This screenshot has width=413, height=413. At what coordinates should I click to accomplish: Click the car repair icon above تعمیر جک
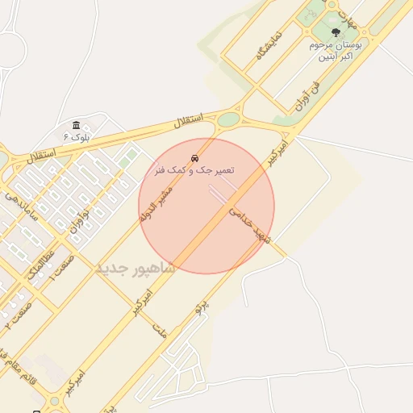(x=194, y=157)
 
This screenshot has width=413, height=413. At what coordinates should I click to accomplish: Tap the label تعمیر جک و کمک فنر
(x=194, y=171)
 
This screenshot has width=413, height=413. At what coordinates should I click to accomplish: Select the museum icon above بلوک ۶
(x=77, y=125)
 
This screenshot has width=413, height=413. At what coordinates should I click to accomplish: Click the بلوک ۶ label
(x=77, y=137)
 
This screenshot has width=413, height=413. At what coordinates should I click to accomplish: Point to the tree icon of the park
(x=336, y=32)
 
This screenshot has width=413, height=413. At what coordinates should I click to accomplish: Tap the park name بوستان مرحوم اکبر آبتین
(x=336, y=51)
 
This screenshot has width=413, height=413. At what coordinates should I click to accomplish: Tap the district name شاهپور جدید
(x=135, y=268)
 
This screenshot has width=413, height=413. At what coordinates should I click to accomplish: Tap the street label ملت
(x=159, y=326)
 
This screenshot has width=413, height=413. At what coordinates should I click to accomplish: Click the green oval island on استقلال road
(x=228, y=119)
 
